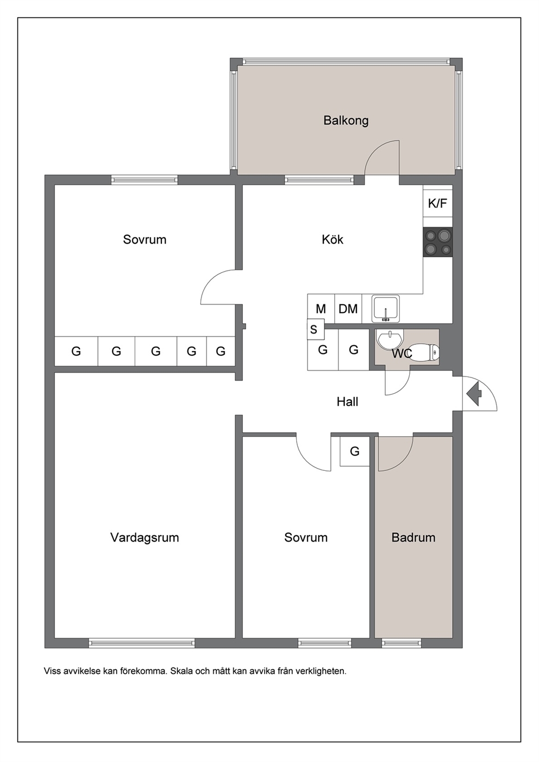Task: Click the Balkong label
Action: pyautogui.click(x=346, y=121)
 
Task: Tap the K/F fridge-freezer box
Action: pyautogui.click(x=437, y=204)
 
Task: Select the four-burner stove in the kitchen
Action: pyautogui.click(x=438, y=242)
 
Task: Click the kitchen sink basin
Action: pyautogui.click(x=386, y=308)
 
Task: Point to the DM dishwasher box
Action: pyautogui.click(x=348, y=308)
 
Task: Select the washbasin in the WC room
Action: pyautogui.click(x=390, y=340)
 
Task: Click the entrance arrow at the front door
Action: pyautogui.click(x=474, y=394)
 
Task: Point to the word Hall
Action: pyautogui.click(x=347, y=402)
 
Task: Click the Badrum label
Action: pyautogui.click(x=413, y=538)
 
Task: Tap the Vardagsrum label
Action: pyautogui.click(x=145, y=538)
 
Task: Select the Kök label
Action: pyautogui.click(x=333, y=240)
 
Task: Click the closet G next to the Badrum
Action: pyautogui.click(x=355, y=451)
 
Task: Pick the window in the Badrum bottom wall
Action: pyautogui.click(x=402, y=643)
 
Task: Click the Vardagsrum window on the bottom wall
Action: pyautogui.click(x=142, y=643)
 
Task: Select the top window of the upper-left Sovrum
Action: pyautogui.click(x=145, y=180)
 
